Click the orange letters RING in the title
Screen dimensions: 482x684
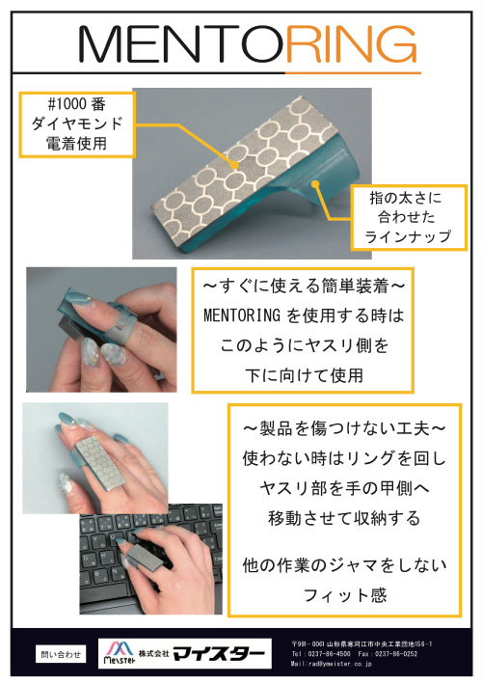tap(351, 43)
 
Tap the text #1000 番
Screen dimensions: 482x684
tap(77, 104)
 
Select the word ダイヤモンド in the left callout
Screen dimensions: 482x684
tap(77, 123)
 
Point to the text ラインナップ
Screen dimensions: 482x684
tap(408, 236)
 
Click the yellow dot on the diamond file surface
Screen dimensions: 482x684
tap(235, 165)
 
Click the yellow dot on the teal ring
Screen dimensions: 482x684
tap(315, 184)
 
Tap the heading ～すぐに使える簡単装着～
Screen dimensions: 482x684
tap(304, 287)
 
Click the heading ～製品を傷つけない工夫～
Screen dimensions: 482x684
tap(344, 428)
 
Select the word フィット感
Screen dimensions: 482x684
tap(345, 595)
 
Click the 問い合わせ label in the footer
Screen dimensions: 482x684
tap(61, 654)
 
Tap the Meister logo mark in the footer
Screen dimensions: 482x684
tap(119, 652)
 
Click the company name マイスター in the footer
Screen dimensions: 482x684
tap(219, 653)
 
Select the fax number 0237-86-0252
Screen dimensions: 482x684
tap(396, 654)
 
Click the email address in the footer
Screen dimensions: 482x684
tap(332, 664)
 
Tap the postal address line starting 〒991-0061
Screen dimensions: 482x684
tap(361, 643)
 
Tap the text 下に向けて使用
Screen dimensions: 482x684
tap(304, 375)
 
